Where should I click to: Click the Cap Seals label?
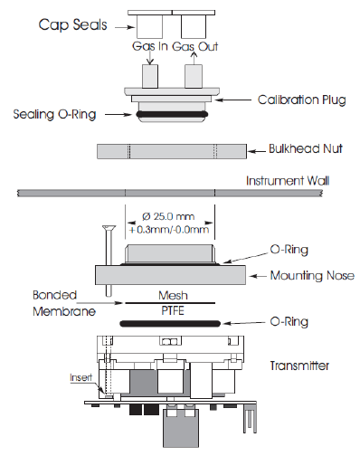click(x=72, y=24)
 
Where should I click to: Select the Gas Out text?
click(x=194, y=46)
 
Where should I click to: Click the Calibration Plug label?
click(x=301, y=100)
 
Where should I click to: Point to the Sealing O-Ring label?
click(x=54, y=114)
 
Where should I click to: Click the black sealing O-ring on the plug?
click(x=172, y=114)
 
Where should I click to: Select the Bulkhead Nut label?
click(x=306, y=148)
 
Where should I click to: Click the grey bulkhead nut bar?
click(x=172, y=151)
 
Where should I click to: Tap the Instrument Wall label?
click(x=288, y=181)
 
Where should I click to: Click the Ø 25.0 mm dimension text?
click(x=168, y=216)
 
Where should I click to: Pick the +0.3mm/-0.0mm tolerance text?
click(x=169, y=230)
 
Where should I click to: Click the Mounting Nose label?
click(x=312, y=276)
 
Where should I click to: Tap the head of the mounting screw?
click(x=109, y=227)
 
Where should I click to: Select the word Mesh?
click(x=173, y=295)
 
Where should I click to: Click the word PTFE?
click(x=173, y=310)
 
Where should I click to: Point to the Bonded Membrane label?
click(x=64, y=303)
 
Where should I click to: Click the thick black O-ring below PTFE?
click(x=170, y=324)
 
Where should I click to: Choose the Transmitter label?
click(x=299, y=366)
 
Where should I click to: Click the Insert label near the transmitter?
click(x=81, y=377)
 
